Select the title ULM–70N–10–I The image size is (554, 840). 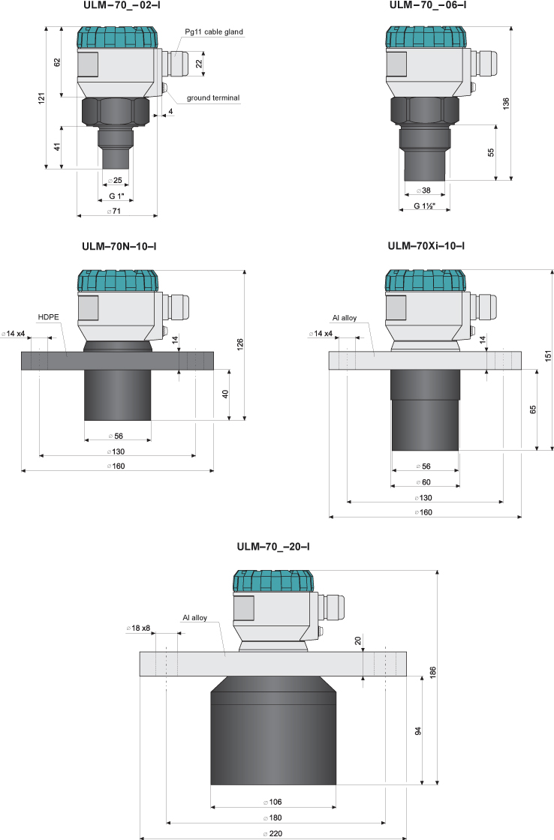click(118, 246)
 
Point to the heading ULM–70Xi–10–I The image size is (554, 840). click(426, 246)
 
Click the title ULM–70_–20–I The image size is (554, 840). click(272, 547)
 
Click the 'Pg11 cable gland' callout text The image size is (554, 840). click(214, 31)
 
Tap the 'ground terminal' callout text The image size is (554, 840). click(213, 98)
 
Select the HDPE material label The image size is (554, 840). click(49, 316)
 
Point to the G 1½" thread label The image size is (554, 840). click(426, 205)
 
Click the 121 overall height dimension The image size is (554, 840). click(42, 97)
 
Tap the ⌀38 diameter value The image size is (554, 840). click(426, 190)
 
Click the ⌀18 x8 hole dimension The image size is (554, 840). click(139, 628)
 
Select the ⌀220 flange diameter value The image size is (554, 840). click(272, 834)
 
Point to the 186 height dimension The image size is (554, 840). click(432, 673)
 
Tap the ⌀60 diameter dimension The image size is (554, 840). click(426, 482)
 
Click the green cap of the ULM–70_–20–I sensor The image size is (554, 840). click(272, 581)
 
